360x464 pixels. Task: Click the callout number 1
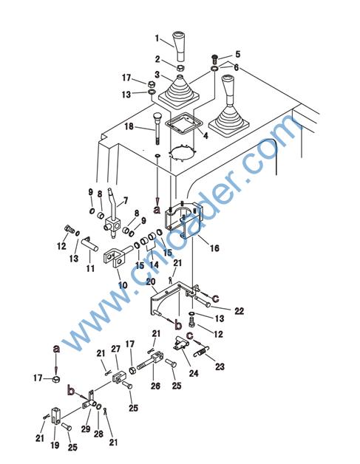tap(157, 38)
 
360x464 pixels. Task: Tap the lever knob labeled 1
tap(180, 45)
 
